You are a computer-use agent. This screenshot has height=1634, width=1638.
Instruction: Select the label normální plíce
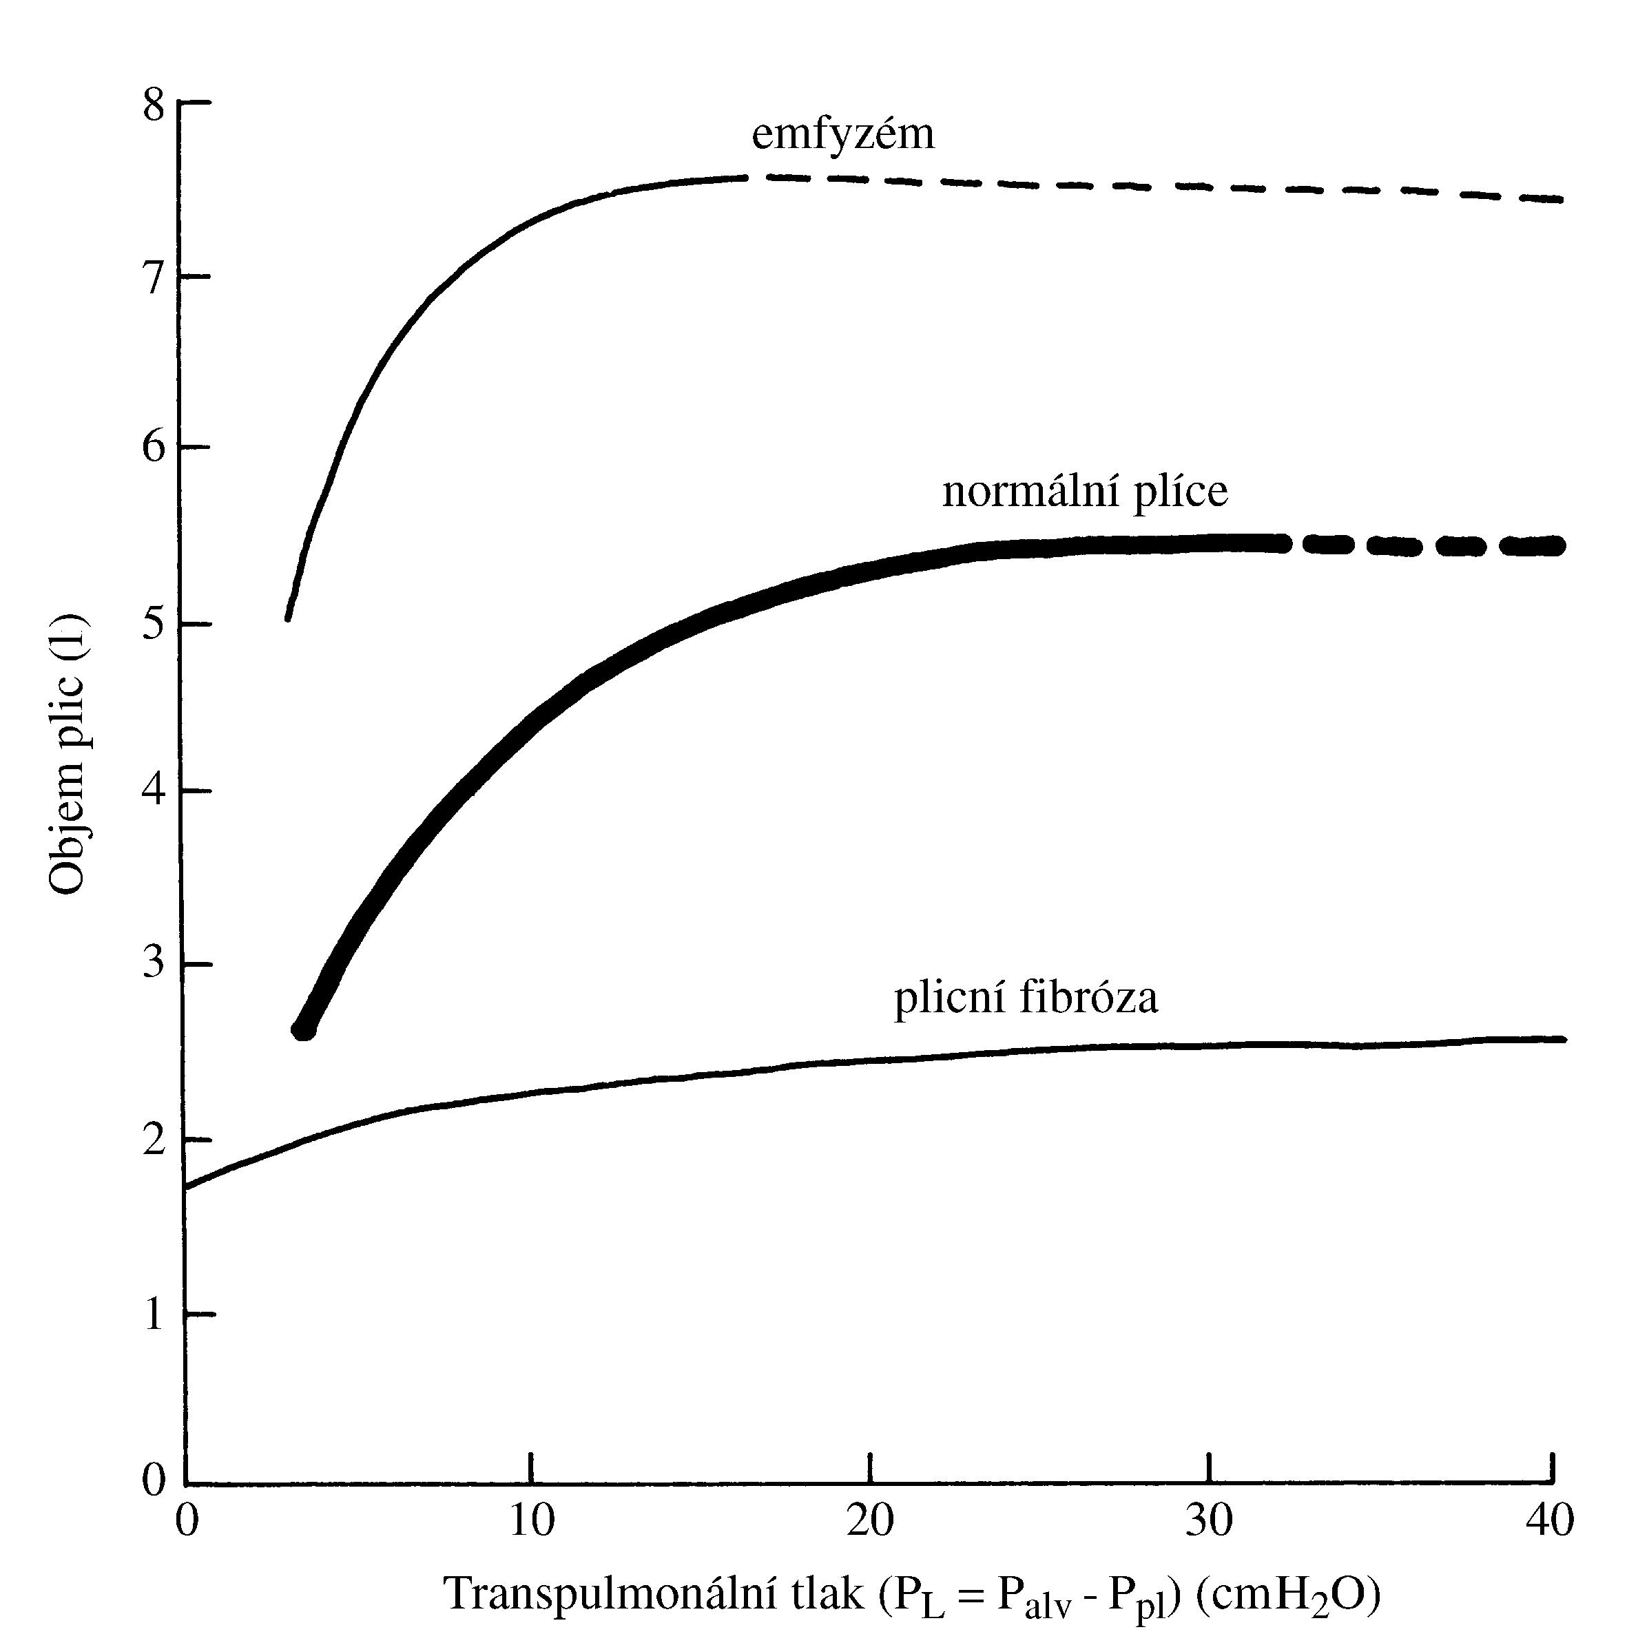coord(1084,492)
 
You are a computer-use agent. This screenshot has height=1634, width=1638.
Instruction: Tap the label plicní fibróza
coord(1026,998)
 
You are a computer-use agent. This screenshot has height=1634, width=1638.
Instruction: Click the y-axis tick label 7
coord(154,279)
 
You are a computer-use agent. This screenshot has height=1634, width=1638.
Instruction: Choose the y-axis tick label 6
coord(154,447)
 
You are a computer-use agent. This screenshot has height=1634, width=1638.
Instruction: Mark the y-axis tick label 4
coord(154,793)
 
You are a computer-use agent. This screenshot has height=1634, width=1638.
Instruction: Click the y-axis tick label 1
coord(154,1314)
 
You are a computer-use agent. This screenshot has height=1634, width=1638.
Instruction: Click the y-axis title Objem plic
coord(68,753)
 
